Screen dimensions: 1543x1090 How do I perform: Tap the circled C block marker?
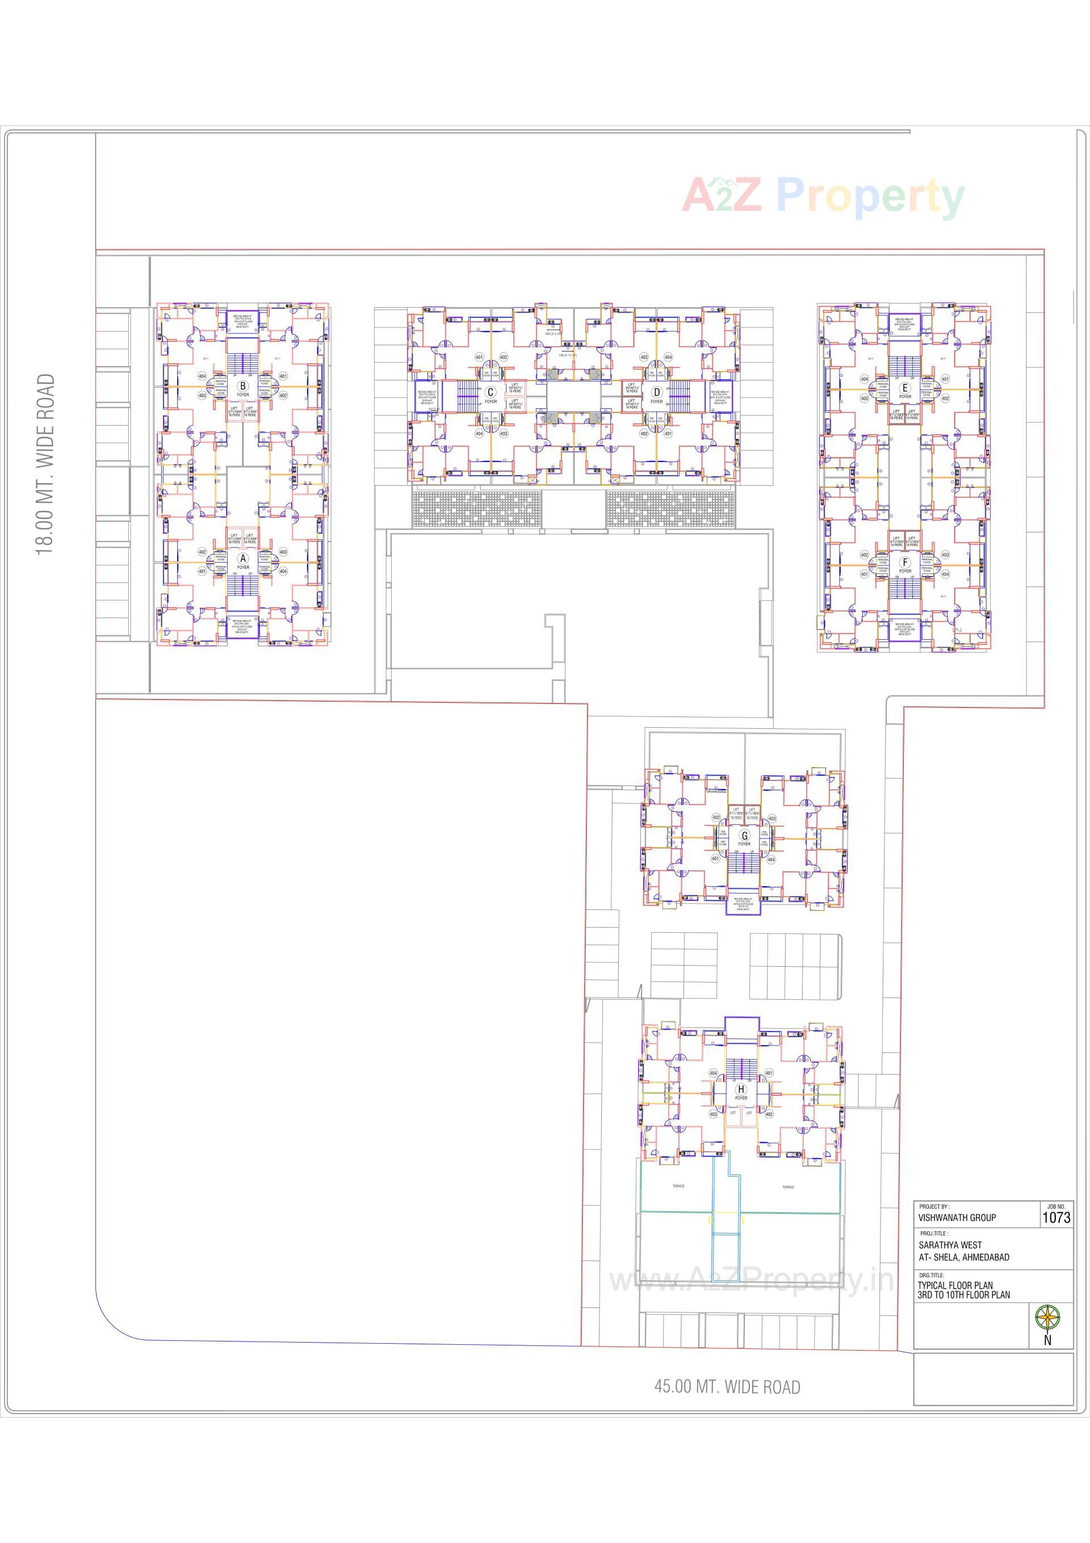pos(491,392)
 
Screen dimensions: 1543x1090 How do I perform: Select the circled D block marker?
pos(656,392)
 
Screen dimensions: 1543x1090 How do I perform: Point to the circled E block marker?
pos(905,388)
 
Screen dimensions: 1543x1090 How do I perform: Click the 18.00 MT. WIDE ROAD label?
pos(45,464)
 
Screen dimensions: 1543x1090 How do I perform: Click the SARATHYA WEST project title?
pos(950,1244)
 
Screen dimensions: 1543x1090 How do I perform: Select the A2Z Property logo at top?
pos(823,197)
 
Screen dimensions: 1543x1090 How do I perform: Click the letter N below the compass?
pos(1047,1340)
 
